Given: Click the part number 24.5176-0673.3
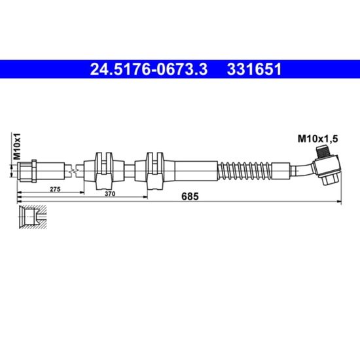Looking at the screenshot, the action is tap(149, 69).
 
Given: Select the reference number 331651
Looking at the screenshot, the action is tap(254, 69).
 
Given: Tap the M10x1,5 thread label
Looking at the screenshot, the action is tap(317, 139).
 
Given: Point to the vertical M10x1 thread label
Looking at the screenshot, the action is tap(17, 146).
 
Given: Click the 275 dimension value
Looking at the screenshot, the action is tap(55, 189).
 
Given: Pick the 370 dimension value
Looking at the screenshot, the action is tap(110, 194).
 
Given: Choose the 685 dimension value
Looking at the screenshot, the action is tap(190, 197).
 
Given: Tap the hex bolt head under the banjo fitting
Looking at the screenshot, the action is tap(330, 179).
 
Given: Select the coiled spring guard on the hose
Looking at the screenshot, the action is tap(245, 171).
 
